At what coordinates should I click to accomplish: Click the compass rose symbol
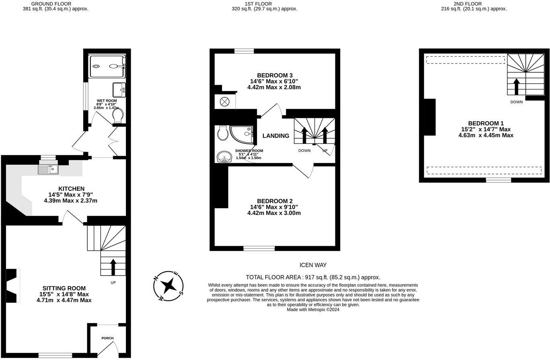168,286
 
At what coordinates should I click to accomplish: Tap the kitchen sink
48,169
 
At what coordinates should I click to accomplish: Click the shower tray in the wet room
107,66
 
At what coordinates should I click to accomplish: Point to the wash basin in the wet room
119,90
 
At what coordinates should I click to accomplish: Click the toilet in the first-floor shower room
222,132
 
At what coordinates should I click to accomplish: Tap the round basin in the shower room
224,157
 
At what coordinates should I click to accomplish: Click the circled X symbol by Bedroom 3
224,102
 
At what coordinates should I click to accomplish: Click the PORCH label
107,338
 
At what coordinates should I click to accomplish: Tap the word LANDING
276,136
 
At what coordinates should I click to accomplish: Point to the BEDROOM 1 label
486,123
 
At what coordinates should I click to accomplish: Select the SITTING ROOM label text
64,288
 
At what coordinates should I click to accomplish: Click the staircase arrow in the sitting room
113,267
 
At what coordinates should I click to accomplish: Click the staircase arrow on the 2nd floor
517,86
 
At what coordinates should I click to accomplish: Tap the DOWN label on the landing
304,151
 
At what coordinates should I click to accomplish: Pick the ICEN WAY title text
313,265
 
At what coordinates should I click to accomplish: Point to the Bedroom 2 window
259,248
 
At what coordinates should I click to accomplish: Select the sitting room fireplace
13,286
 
